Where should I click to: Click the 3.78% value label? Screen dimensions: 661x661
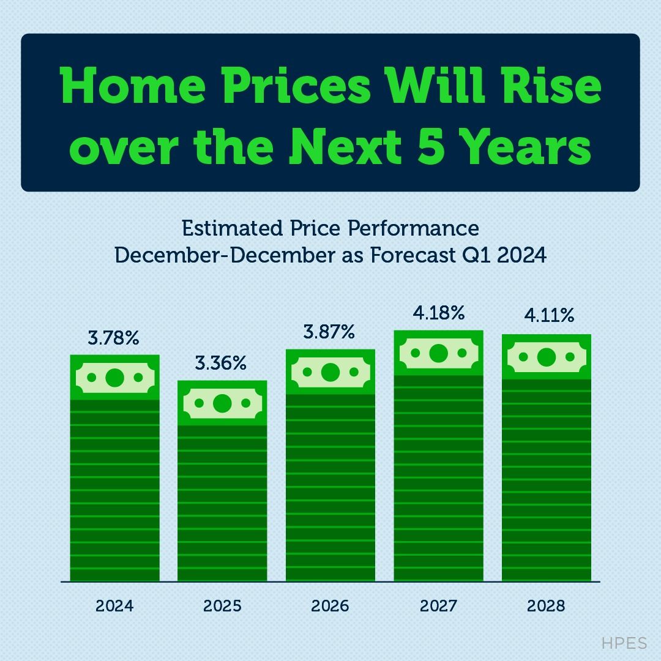point(114,337)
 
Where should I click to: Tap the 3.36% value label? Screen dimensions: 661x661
point(221,363)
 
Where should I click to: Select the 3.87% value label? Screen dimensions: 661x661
point(329,332)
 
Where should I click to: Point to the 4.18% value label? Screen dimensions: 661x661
point(438,313)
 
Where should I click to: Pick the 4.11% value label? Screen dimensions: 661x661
point(549,316)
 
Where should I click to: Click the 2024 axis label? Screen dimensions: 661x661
point(114,606)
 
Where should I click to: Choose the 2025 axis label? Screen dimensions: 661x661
point(222,606)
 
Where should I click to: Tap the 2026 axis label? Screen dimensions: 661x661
point(330,606)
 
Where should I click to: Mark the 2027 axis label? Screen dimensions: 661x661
point(438,606)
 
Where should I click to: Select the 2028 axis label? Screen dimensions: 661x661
point(546,606)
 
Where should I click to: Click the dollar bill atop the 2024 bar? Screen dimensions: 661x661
point(114,378)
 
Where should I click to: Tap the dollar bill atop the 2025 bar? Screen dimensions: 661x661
point(222,403)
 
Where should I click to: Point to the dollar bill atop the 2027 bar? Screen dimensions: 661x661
point(438,353)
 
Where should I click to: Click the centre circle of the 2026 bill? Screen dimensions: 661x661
point(330,372)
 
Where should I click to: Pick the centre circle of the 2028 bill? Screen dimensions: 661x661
point(547,357)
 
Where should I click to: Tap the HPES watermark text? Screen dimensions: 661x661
point(624,643)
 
